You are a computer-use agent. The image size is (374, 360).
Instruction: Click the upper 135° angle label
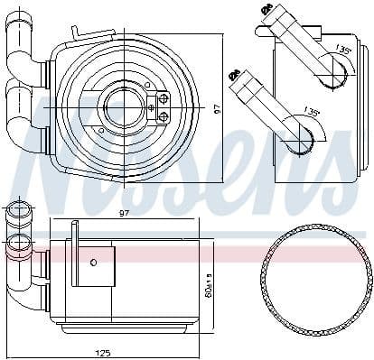(x=342, y=51)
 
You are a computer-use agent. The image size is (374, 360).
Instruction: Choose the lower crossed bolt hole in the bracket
(x=164, y=116)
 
